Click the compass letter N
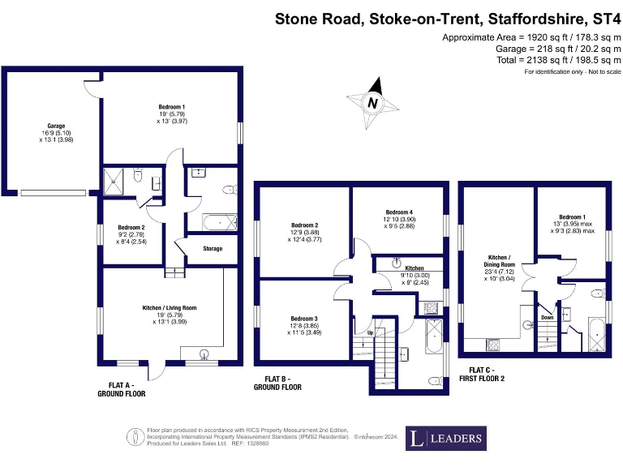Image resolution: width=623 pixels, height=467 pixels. coord(372,103)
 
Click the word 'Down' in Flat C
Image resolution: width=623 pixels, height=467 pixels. coord(548,318)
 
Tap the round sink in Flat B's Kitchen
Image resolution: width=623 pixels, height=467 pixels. coord(397,263)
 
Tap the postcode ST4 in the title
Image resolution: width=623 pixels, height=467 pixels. coord(605,18)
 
